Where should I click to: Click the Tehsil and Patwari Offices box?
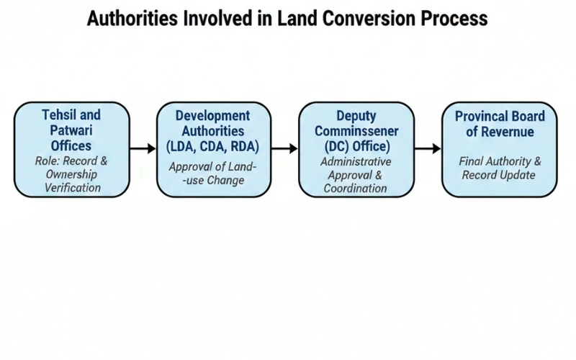(71, 149)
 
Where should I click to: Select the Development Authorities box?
(213, 149)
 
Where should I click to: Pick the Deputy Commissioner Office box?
(356, 149)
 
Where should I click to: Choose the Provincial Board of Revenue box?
(499, 149)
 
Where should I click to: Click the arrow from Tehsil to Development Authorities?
(142, 148)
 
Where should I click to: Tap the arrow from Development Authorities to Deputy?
(284, 148)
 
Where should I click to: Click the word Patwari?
(71, 130)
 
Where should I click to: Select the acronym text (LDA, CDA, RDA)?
(213, 147)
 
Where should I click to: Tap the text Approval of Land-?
(213, 167)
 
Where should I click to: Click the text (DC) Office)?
(356, 147)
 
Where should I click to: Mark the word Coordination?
(356, 189)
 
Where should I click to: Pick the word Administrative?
(356, 161)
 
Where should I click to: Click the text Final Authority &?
(499, 161)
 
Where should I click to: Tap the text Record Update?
(499, 175)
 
